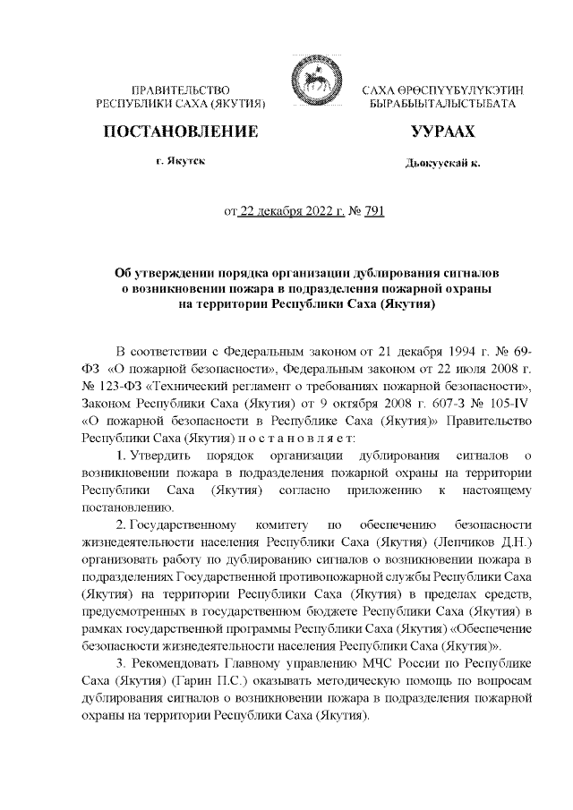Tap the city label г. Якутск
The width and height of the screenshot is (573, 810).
(181, 164)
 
